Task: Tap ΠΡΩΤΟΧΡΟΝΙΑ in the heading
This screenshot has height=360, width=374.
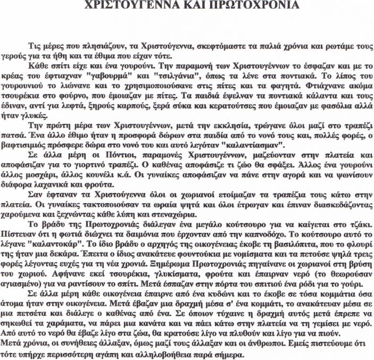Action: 249,6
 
